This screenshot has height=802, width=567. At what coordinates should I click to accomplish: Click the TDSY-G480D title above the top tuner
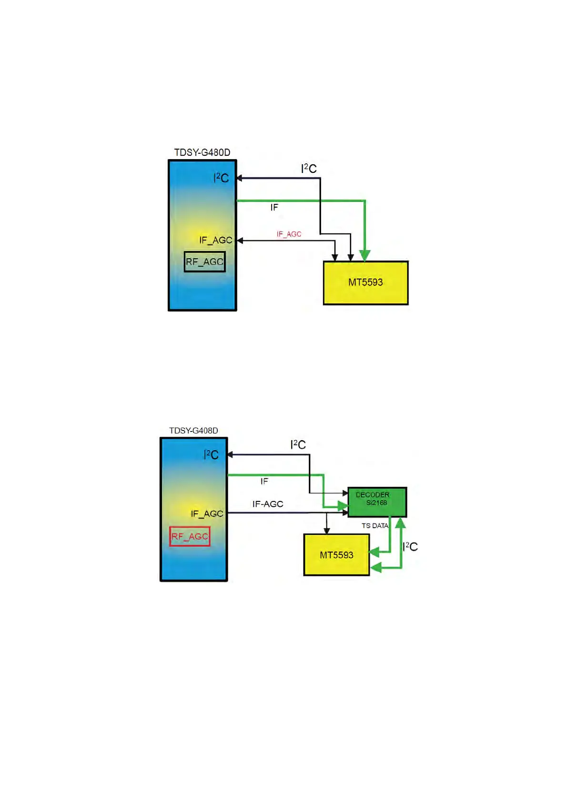click(x=202, y=152)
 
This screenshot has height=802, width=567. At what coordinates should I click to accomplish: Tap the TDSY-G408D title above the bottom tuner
click(x=193, y=431)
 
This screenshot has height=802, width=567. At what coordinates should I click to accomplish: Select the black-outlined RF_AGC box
click(x=204, y=262)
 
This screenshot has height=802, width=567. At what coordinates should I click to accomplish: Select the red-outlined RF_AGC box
click(x=190, y=536)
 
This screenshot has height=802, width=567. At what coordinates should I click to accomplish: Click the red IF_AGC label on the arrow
click(x=289, y=234)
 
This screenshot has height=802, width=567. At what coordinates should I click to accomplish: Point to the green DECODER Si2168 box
click(x=377, y=501)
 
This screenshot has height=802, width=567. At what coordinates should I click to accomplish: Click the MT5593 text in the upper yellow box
click(x=365, y=282)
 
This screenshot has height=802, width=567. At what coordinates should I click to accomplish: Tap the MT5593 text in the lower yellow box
click(x=336, y=555)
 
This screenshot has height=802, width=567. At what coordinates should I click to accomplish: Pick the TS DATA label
click(x=375, y=526)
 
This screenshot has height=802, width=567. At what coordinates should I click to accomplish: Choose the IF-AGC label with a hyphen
click(x=268, y=504)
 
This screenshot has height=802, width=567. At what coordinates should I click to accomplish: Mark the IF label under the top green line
click(x=274, y=208)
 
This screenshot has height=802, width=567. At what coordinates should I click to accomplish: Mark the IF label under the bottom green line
click(x=264, y=481)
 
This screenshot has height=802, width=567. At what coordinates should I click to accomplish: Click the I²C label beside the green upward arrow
click(x=410, y=547)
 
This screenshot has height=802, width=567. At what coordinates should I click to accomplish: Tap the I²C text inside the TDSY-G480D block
click(x=221, y=178)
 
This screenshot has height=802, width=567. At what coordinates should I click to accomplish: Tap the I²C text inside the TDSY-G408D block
click(x=211, y=455)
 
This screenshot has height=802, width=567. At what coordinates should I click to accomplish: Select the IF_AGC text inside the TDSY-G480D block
click(x=215, y=241)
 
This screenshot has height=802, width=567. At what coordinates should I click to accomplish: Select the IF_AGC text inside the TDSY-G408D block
click(x=207, y=514)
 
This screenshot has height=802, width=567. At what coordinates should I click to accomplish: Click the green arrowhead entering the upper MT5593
click(x=364, y=256)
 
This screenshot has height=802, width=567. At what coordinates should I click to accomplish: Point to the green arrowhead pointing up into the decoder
click(x=401, y=523)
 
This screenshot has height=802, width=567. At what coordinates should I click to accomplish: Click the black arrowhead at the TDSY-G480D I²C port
click(x=240, y=178)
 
